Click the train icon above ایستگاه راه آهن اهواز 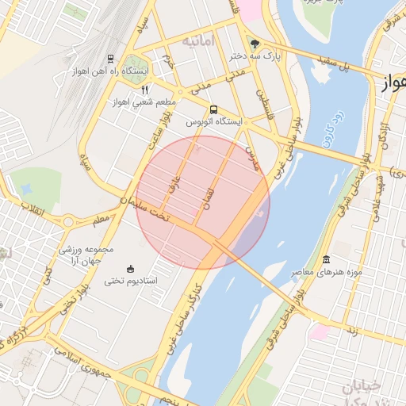click(x=109, y=58)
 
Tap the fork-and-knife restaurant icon click(x=144, y=90)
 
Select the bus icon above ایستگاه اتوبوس click(x=213, y=109)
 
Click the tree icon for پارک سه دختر click(x=255, y=44)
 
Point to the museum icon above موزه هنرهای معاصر click(x=327, y=260)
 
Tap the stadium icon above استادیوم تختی click(x=131, y=269)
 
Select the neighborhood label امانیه click(x=198, y=40)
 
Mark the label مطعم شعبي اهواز click(x=144, y=103)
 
